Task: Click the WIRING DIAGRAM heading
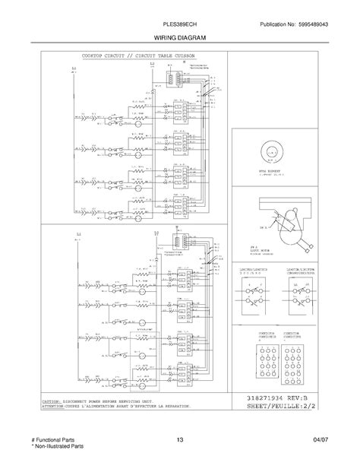179,36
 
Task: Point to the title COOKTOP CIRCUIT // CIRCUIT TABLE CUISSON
134,56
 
